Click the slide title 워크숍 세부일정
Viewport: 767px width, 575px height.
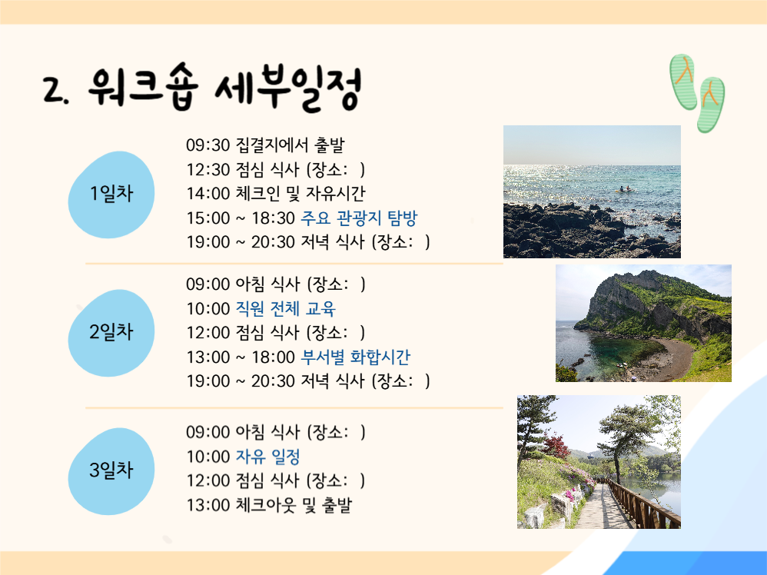223,88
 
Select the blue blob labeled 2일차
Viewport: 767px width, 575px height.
111,332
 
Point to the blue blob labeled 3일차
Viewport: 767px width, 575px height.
111,470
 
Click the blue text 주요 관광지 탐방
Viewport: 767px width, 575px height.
358,218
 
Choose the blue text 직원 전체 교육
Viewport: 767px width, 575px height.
285,309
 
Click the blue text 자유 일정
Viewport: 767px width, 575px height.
267,457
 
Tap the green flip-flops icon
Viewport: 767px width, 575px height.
697,91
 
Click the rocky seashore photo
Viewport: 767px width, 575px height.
592,191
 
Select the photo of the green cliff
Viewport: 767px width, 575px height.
643,323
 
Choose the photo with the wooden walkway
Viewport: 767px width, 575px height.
599,461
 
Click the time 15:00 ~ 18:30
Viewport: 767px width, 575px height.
240,218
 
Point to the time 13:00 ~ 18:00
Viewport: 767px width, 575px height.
240,357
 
